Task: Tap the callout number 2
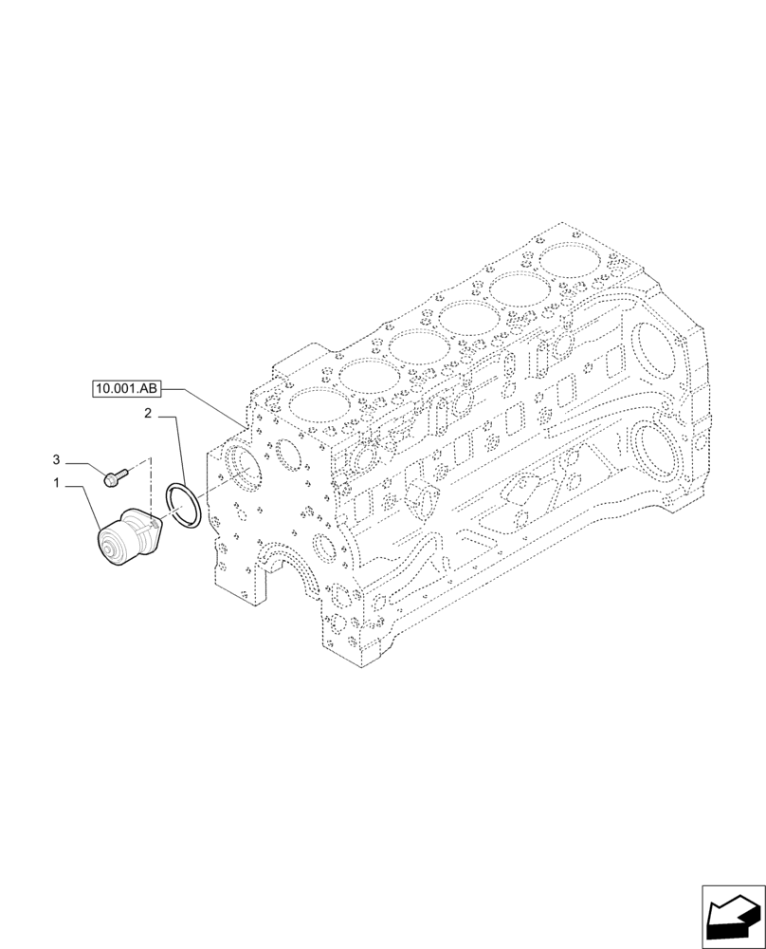point(149,413)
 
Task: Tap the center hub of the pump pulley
point(117,549)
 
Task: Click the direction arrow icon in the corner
point(732,916)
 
